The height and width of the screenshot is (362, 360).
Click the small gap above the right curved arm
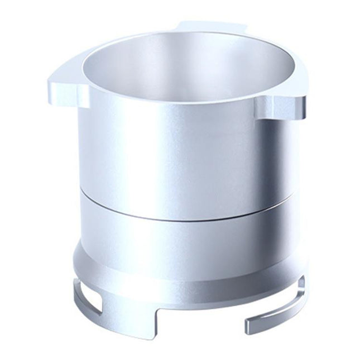point(279,299)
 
